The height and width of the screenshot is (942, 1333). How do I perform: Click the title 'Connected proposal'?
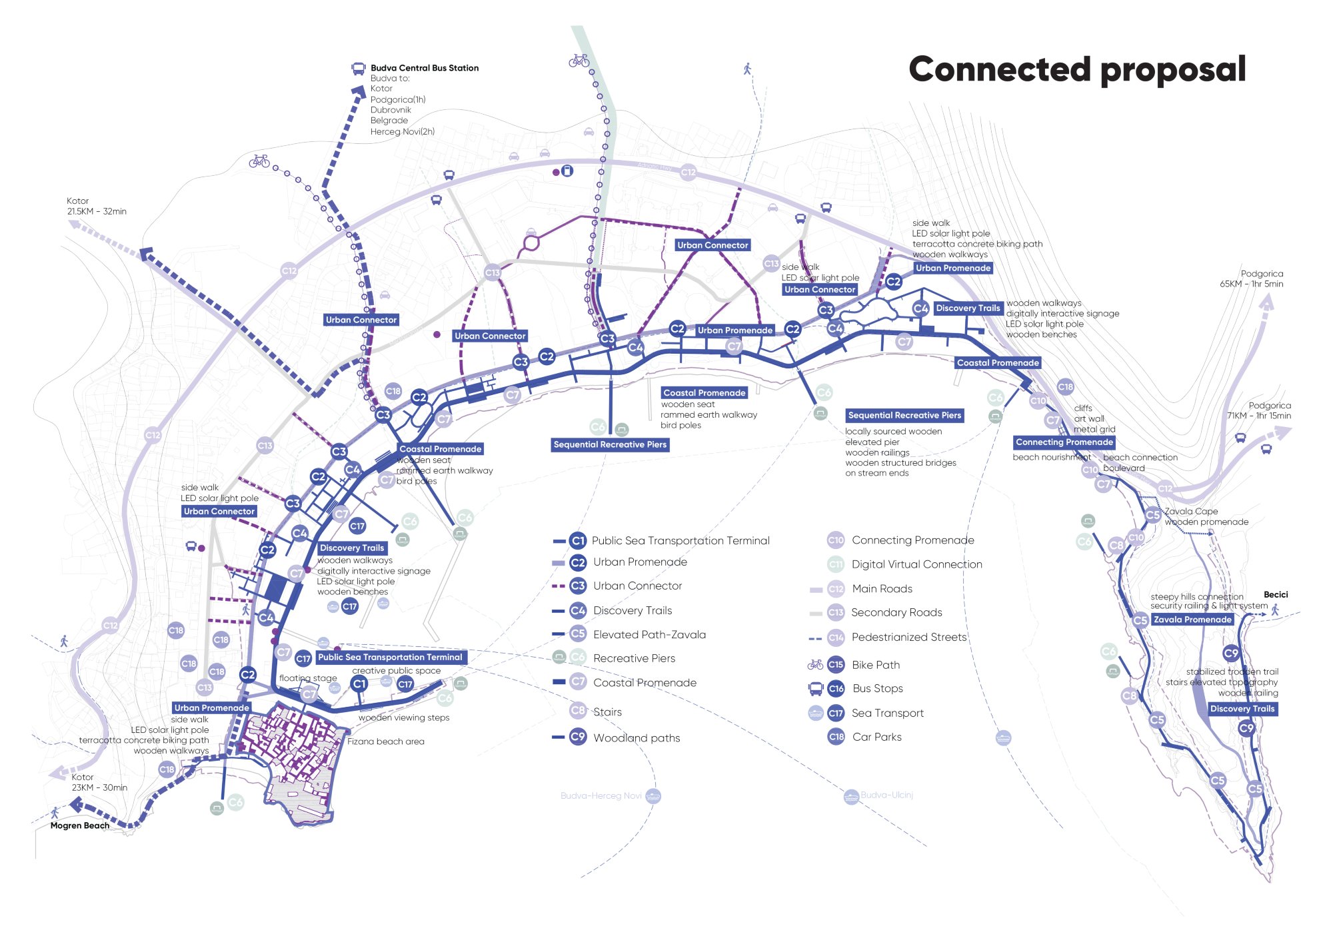tap(1076, 69)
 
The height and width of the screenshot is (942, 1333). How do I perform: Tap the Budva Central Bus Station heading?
tap(425, 68)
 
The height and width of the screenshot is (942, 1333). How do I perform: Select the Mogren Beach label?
tap(80, 825)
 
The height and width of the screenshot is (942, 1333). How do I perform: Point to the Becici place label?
tap(1276, 594)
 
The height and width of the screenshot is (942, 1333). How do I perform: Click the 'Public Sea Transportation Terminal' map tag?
tap(390, 657)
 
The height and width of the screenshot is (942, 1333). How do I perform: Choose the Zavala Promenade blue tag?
tap(1192, 620)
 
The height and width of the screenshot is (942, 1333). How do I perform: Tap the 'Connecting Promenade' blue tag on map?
tap(1064, 442)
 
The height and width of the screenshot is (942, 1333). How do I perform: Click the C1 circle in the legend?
tap(578, 541)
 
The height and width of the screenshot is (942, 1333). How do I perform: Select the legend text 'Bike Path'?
tap(875, 665)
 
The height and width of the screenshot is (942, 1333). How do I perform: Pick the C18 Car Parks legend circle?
tap(836, 737)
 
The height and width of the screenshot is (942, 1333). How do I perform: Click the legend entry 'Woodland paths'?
tap(637, 738)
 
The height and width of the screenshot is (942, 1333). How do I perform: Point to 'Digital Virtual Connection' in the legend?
tap(916, 564)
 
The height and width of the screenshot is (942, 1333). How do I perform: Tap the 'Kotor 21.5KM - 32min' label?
tap(96, 206)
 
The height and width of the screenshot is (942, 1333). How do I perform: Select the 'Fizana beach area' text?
tap(385, 741)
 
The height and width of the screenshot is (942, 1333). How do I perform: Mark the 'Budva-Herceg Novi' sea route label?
tap(601, 795)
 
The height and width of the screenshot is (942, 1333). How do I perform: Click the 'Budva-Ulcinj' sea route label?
tap(886, 795)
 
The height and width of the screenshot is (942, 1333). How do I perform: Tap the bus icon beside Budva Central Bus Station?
tap(358, 68)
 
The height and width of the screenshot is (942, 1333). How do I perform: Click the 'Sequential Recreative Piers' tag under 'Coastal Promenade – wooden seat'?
tap(610, 444)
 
